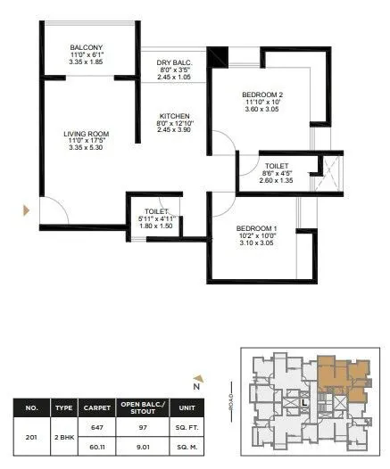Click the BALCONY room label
(x=87, y=47)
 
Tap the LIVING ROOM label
(x=87, y=135)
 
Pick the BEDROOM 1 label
(x=256, y=228)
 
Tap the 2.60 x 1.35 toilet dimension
(x=275, y=180)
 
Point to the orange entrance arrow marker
(x=27, y=210)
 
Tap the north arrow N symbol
(x=195, y=385)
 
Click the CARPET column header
(x=96, y=407)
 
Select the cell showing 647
(x=96, y=427)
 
